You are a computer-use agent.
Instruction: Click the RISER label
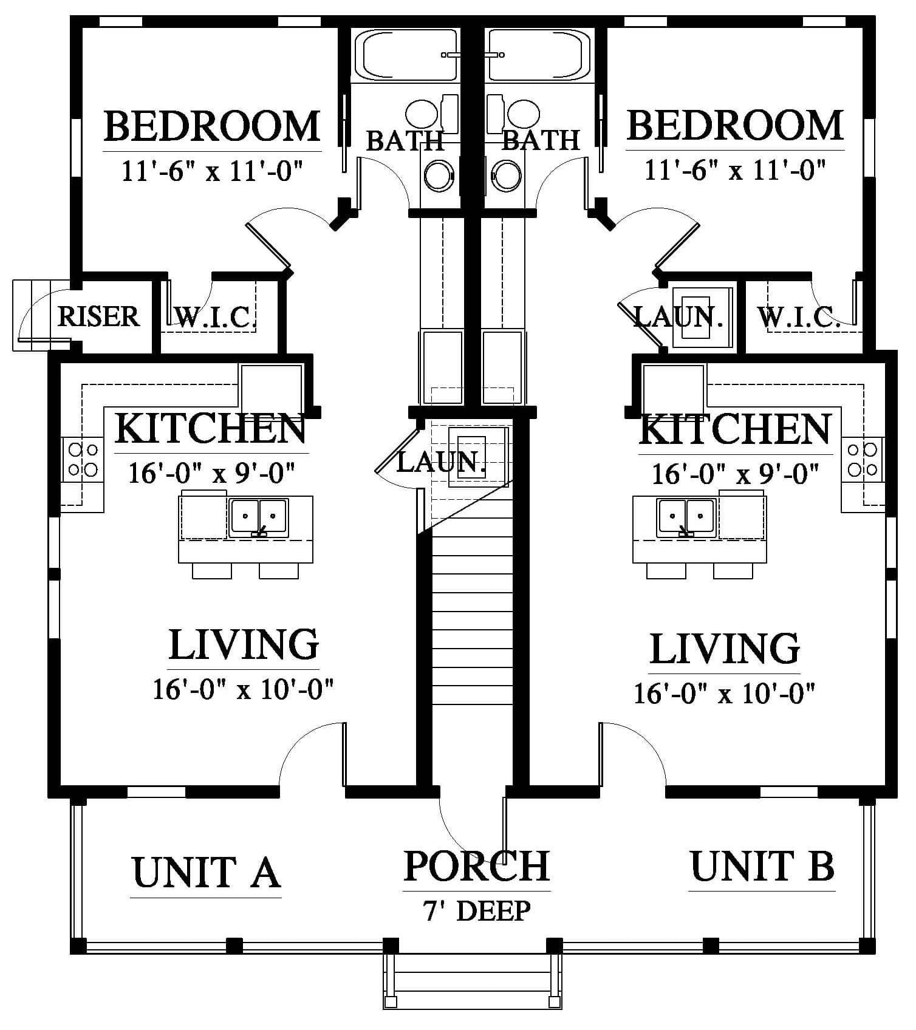coord(98,316)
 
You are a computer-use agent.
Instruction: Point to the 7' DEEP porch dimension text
coord(477,911)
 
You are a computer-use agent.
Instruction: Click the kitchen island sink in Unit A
coord(259,517)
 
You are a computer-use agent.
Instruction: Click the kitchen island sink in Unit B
coord(686,517)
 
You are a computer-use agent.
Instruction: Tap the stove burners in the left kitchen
coord(83,460)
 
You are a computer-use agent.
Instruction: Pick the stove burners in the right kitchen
coord(863,460)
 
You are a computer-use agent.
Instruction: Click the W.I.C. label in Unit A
coord(212,317)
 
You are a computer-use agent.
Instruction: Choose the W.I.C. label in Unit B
coord(798,317)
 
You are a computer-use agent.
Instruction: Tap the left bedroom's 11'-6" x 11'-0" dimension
coord(212,171)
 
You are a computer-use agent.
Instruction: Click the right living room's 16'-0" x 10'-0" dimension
coord(724,692)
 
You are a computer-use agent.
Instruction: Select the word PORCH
coord(477,865)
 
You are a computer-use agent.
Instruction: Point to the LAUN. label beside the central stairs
coord(442,462)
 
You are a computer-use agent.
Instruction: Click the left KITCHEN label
coord(211,428)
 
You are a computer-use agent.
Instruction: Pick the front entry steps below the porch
coord(472,981)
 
